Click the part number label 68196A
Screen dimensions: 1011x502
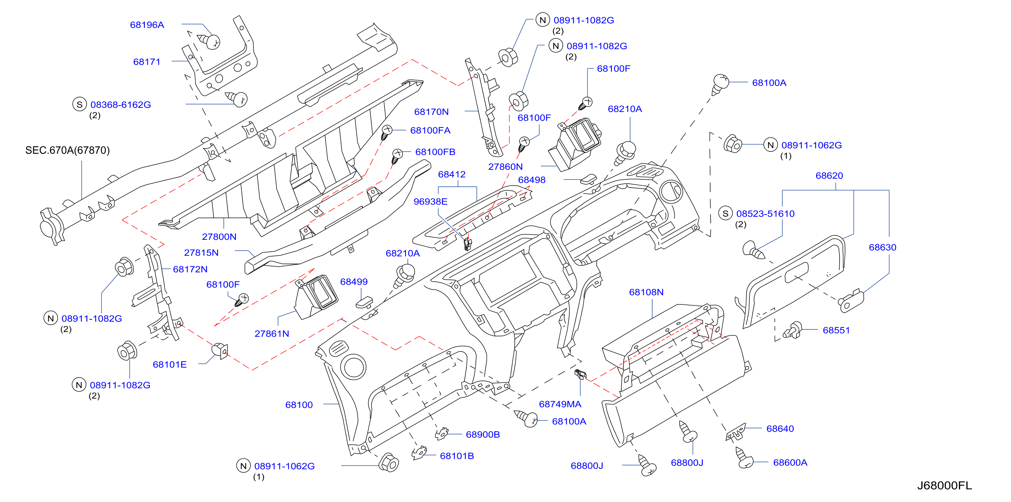(x=147, y=25)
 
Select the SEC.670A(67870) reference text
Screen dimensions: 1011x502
(x=67, y=150)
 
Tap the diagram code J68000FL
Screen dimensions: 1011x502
(x=944, y=485)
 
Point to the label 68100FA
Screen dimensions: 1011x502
(x=430, y=130)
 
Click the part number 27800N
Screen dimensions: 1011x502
(x=219, y=236)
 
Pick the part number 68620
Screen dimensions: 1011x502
(x=829, y=175)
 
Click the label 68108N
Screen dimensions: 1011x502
(x=646, y=292)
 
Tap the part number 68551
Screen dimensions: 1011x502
(x=836, y=330)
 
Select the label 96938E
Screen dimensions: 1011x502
(x=430, y=201)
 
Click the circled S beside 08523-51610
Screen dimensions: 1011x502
(x=725, y=213)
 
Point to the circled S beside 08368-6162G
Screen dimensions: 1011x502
(x=80, y=104)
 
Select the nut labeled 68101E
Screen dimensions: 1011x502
(x=220, y=350)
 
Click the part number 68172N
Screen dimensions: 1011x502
(x=190, y=269)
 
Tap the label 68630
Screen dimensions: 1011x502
(x=882, y=247)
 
